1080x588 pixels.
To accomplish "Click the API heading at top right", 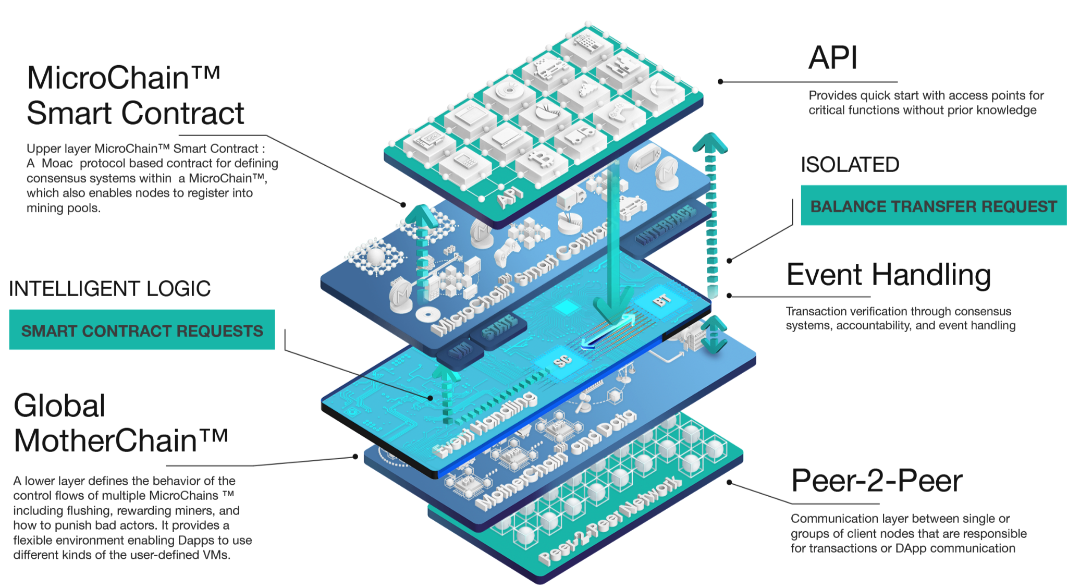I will (x=832, y=58).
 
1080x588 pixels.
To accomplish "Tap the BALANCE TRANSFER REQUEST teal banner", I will (x=933, y=206).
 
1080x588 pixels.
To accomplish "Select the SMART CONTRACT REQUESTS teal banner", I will (x=142, y=330).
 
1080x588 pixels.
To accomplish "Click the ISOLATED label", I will (x=850, y=165).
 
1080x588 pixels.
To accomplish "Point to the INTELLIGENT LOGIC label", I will (x=109, y=289).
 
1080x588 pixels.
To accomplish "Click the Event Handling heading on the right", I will (x=888, y=275).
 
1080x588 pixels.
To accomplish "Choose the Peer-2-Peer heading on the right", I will (x=876, y=481).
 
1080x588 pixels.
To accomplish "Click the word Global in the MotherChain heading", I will (x=59, y=406).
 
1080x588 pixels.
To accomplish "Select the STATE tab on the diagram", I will (x=499, y=327).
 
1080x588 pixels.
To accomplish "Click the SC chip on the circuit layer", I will (x=562, y=360).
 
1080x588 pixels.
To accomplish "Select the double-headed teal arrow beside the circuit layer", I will (x=713, y=334).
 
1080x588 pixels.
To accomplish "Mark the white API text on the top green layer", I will (x=509, y=196).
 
